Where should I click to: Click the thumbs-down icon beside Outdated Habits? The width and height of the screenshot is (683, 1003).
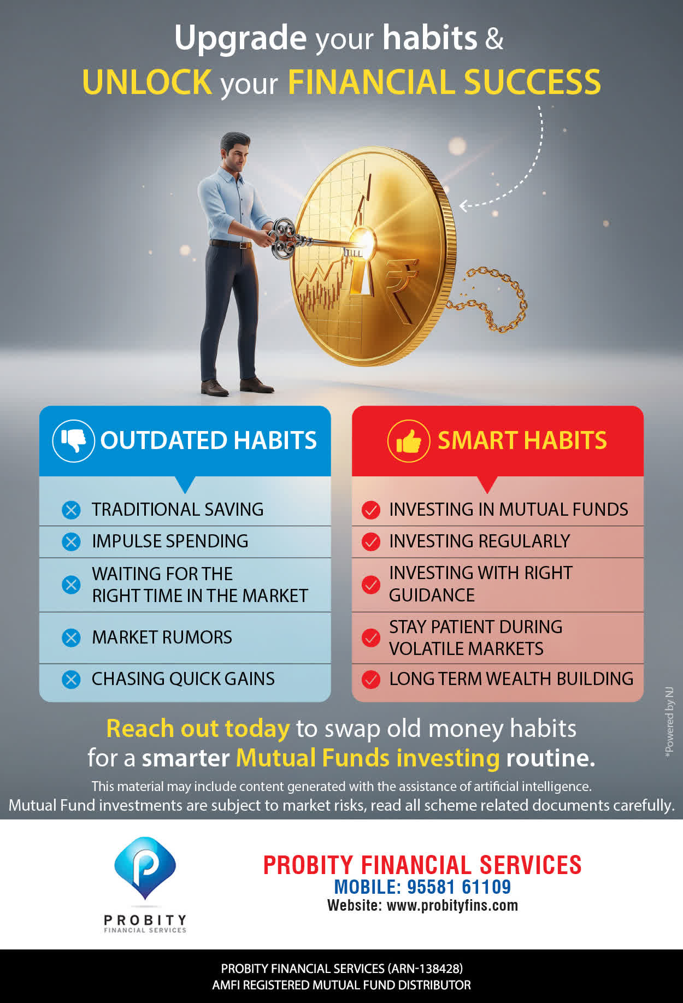pyautogui.click(x=73, y=440)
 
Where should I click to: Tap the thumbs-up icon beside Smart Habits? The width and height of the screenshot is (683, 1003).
pyautogui.click(x=409, y=441)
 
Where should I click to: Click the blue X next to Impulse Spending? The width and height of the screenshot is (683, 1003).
pyautogui.click(x=71, y=541)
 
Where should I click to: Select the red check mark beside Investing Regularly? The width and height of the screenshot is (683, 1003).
pyautogui.click(x=371, y=541)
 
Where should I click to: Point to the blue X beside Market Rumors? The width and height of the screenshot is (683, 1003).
pyautogui.click(x=71, y=638)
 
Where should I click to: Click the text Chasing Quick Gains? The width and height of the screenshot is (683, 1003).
pyautogui.click(x=183, y=678)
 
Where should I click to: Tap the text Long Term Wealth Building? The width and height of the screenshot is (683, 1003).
pyautogui.click(x=511, y=678)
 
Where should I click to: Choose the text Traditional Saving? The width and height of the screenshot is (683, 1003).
pyautogui.click(x=178, y=509)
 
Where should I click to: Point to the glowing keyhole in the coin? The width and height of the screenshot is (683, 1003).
pyautogui.click(x=362, y=262)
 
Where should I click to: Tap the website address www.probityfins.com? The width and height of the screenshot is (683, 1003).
pyautogui.click(x=452, y=905)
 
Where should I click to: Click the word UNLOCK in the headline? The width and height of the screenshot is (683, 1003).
pyautogui.click(x=147, y=82)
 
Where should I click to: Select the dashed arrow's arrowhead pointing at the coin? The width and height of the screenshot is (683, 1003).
pyautogui.click(x=463, y=206)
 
